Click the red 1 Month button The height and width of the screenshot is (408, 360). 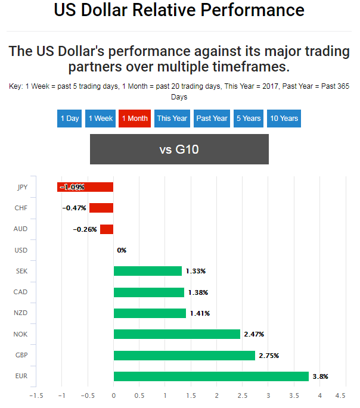(134, 118)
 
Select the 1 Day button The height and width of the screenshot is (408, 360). (70, 118)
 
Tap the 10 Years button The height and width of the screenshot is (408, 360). (284, 118)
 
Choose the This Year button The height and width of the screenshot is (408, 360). (172, 118)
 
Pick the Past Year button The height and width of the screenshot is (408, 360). (212, 118)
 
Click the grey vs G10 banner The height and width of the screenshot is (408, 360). (179, 150)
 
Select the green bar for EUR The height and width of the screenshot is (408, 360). (211, 376)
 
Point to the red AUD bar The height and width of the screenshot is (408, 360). (107, 229)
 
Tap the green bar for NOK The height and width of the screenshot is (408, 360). (176, 334)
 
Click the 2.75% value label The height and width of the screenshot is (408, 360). (269, 356)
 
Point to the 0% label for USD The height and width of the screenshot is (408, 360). (122, 250)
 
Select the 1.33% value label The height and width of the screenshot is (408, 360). (195, 271)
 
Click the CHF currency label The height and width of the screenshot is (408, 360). (20, 208)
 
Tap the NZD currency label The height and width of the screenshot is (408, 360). (20, 313)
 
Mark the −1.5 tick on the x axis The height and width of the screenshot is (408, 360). (36, 395)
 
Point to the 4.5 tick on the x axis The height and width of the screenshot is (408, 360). (340, 395)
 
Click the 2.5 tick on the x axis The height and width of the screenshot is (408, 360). (242, 395)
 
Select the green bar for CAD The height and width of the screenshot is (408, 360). (149, 292)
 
